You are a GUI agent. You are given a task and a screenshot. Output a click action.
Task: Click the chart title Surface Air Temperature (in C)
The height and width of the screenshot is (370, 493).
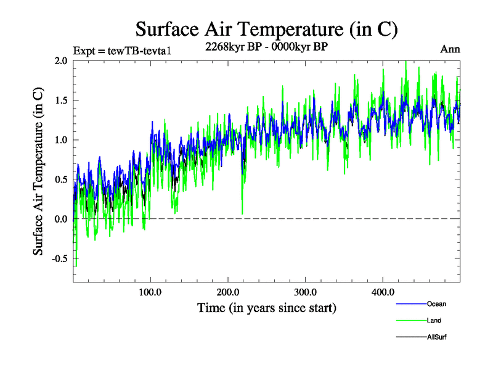266,29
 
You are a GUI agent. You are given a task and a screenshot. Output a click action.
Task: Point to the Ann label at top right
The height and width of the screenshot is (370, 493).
450,49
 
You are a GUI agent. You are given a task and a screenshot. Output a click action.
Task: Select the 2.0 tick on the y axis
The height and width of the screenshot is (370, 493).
62,60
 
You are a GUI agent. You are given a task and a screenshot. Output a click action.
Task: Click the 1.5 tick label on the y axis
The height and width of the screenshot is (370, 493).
62,100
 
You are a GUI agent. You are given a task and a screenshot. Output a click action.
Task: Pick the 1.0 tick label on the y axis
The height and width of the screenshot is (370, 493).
62,140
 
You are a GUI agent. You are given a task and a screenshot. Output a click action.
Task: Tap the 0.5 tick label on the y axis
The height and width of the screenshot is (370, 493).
62,179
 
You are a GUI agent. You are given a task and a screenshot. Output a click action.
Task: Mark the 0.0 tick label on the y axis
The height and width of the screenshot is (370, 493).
62,219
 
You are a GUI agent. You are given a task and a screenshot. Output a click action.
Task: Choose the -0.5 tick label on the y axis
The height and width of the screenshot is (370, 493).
60,258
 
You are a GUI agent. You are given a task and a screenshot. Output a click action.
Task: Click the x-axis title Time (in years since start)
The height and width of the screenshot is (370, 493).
266,307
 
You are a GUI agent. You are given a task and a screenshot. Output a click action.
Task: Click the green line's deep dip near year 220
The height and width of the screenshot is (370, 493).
242,213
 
